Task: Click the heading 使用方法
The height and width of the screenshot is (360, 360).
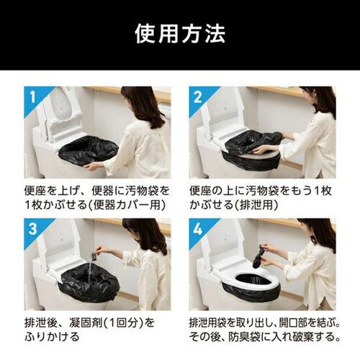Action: point(179,33)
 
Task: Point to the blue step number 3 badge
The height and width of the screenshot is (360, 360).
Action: point(30,228)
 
